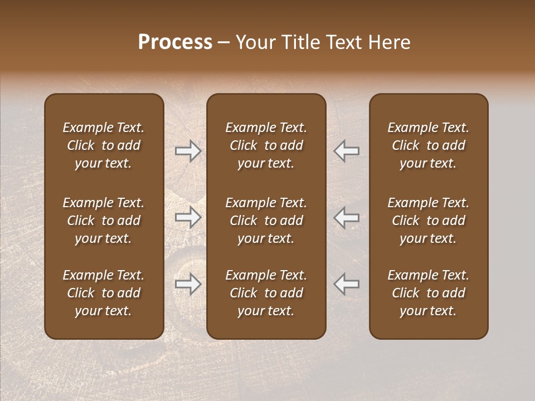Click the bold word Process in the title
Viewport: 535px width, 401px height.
point(175,42)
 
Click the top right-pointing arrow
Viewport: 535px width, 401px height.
point(188,151)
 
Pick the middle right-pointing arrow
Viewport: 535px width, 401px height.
point(188,217)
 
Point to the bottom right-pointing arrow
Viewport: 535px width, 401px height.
point(188,284)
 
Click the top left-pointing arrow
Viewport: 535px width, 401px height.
point(347,151)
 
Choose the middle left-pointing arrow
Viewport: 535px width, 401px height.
point(347,217)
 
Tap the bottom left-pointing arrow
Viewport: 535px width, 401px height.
point(347,284)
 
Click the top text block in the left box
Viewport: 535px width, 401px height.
point(104,145)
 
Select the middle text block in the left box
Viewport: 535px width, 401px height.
point(104,221)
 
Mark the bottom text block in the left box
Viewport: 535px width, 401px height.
point(104,293)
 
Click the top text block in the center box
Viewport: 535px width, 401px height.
point(266,145)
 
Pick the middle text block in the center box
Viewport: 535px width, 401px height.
point(266,221)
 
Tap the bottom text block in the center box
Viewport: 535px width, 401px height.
point(266,293)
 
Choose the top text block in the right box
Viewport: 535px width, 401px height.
point(429,145)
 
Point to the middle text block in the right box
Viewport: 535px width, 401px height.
point(429,221)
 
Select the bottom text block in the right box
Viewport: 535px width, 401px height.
point(429,293)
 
